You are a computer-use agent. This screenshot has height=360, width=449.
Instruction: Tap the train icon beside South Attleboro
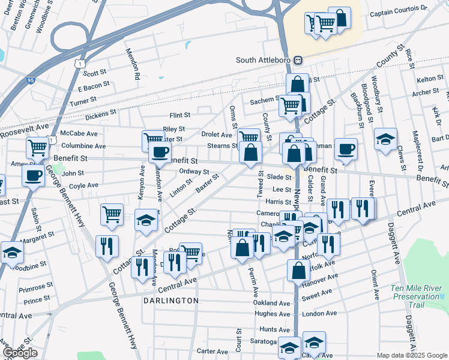[x=298, y=61]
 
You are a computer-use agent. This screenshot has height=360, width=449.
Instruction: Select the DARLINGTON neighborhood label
[x=170, y=300]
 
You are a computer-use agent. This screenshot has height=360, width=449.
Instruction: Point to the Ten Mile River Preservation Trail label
[x=416, y=296]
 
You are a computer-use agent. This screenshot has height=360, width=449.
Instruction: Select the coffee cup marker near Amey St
[x=33, y=175]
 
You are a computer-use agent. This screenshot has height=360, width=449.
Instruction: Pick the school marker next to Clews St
[x=385, y=139]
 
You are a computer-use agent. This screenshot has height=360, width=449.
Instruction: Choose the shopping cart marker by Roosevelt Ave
[x=37, y=146]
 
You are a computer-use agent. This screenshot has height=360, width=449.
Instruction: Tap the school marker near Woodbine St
[x=11, y=253]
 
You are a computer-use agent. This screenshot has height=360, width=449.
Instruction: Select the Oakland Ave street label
[x=272, y=303]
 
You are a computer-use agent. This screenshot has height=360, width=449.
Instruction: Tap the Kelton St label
[x=429, y=79]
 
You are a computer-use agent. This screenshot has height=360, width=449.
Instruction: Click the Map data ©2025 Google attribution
[x=412, y=355]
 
